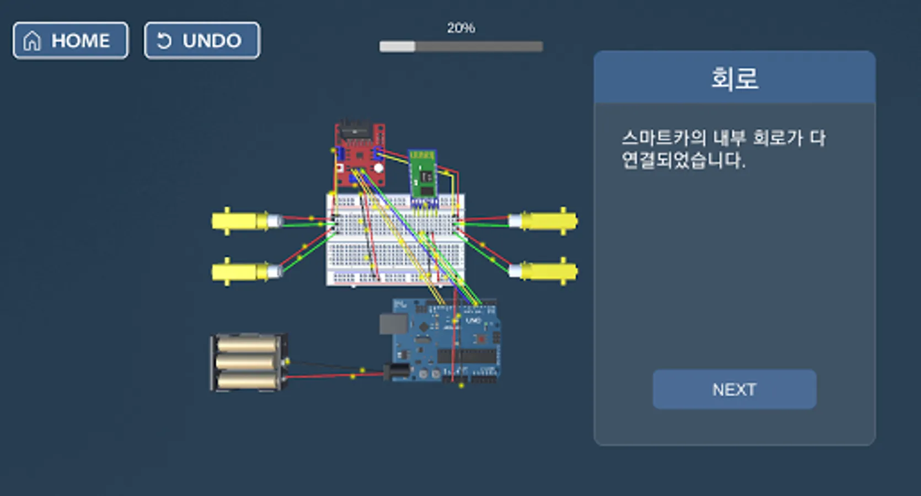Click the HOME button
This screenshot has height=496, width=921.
[70, 40]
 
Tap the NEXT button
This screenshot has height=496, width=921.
[735, 389]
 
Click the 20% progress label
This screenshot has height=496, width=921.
[461, 28]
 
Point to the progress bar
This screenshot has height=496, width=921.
[461, 46]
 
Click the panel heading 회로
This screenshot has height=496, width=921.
[735, 78]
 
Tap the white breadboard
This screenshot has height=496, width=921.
[395, 240]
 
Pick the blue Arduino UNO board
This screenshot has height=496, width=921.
[446, 341]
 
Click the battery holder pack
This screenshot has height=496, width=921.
[248, 362]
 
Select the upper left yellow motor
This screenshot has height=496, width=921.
[247, 221]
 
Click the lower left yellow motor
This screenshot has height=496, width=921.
[247, 271]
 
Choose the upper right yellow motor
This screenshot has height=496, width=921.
[543, 221]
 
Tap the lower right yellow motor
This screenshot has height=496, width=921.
[543, 271]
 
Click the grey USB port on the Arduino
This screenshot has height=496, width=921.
[393, 324]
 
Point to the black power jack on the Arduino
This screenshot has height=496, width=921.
[397, 372]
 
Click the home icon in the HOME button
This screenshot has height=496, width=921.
[32, 41]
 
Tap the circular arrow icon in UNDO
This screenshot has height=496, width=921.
[164, 41]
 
